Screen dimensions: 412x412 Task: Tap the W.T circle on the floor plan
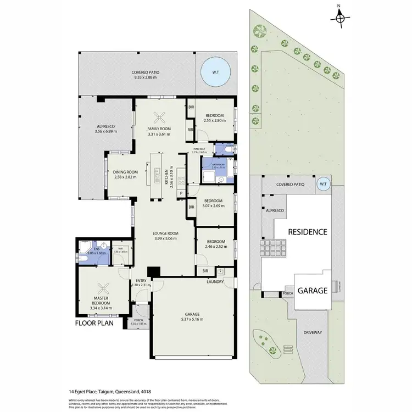pyautogui.click(x=215, y=73)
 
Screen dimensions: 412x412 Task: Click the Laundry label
pyautogui.click(x=214, y=282)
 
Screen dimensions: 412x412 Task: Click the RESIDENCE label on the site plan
pyautogui.click(x=308, y=232)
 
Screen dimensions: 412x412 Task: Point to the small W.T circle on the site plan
pyautogui.click(x=324, y=184)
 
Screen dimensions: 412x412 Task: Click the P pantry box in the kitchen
pyautogui.click(x=181, y=193)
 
